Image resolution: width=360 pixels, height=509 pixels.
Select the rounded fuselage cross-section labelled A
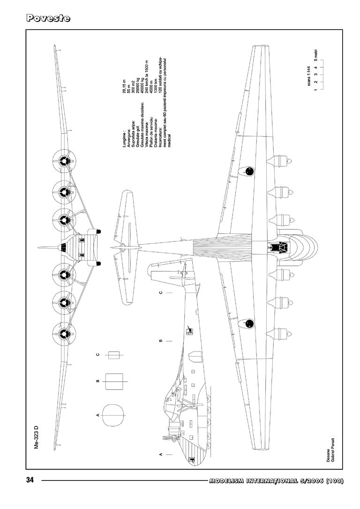(x=113, y=415)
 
